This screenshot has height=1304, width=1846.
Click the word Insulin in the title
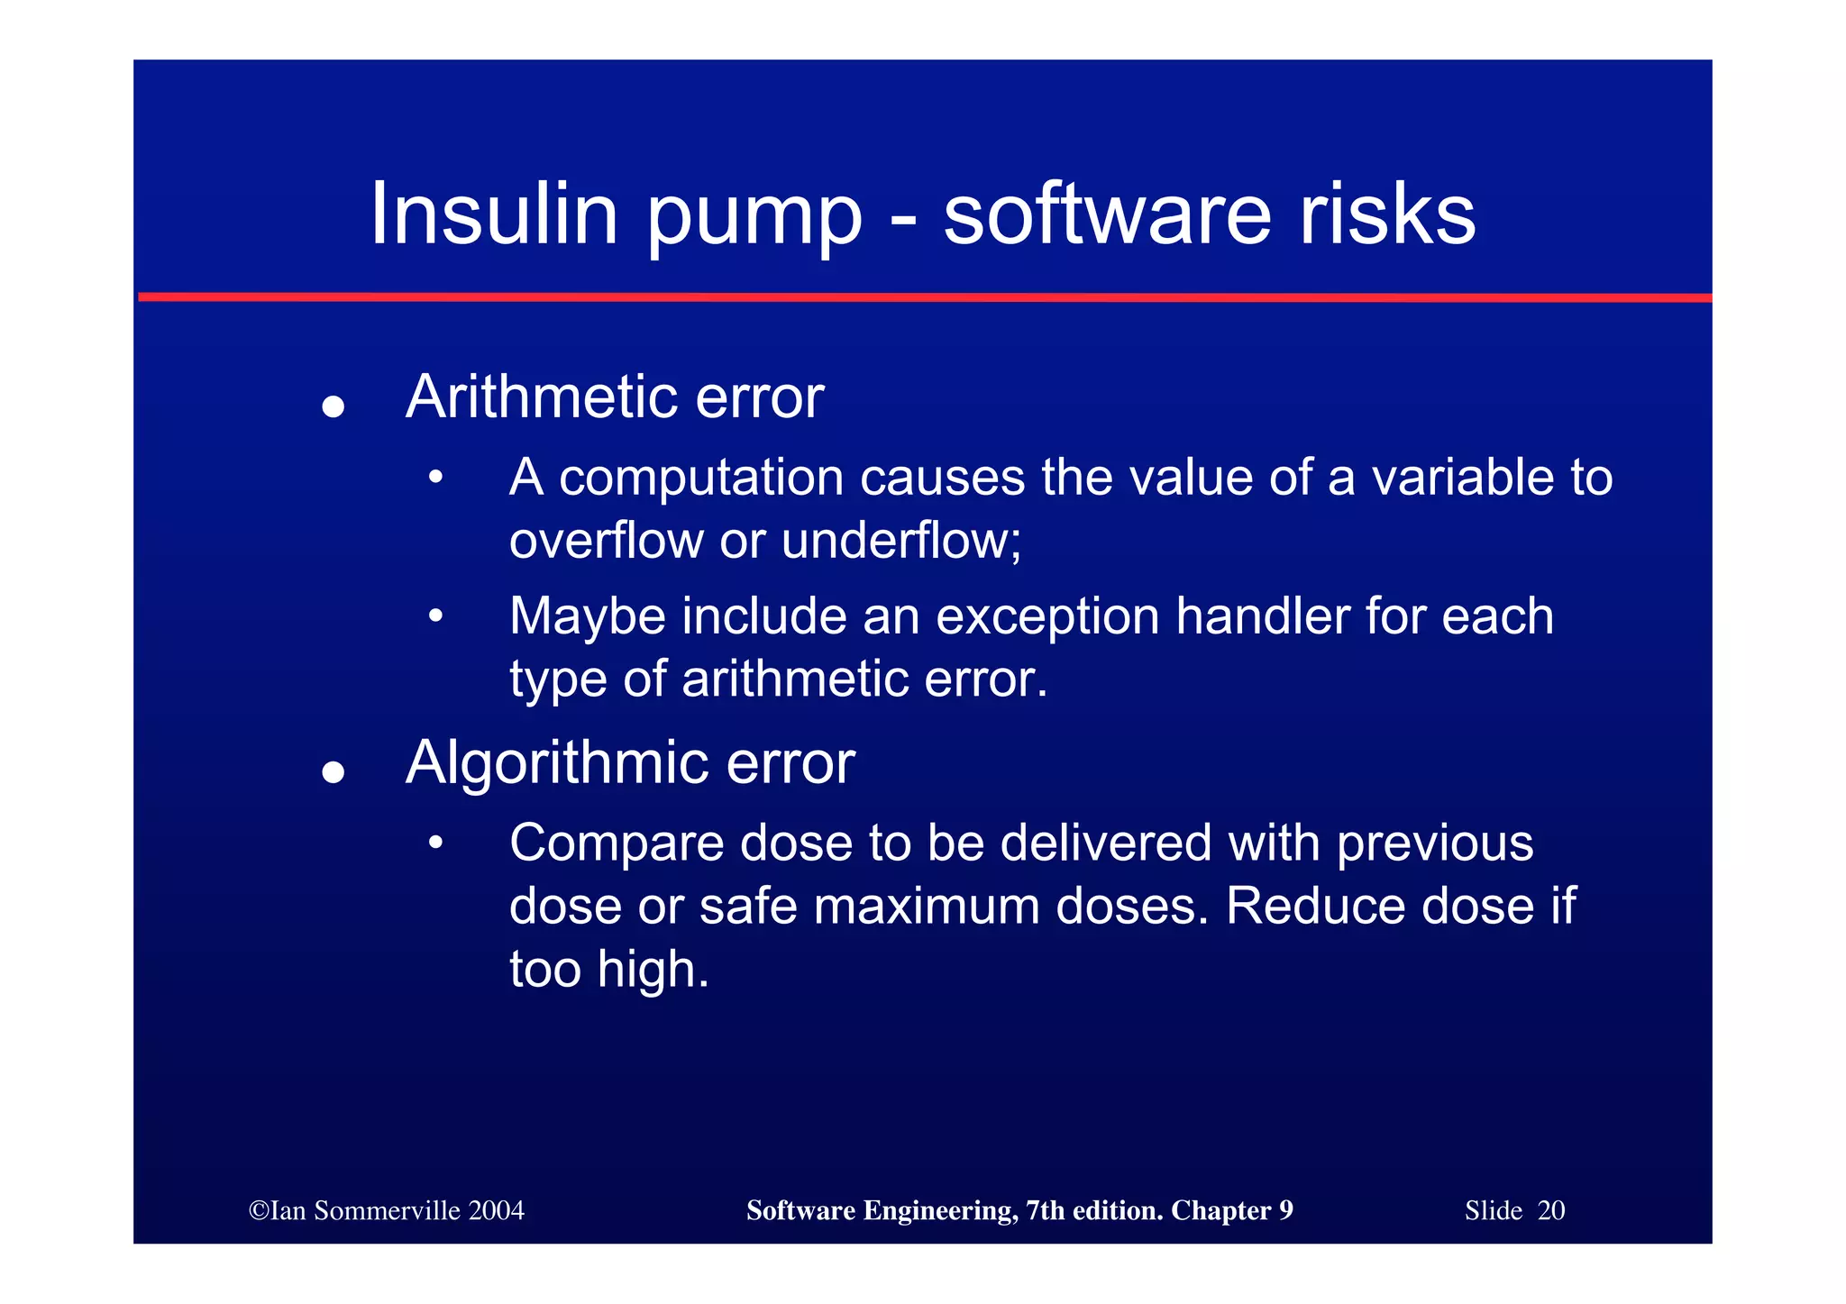494,214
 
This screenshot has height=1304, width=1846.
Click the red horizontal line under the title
925,296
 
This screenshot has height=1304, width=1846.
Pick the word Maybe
587,616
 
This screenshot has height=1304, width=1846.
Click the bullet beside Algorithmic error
334,772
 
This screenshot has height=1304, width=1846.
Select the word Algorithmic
557,763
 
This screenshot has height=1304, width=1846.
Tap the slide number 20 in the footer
1550,1210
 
